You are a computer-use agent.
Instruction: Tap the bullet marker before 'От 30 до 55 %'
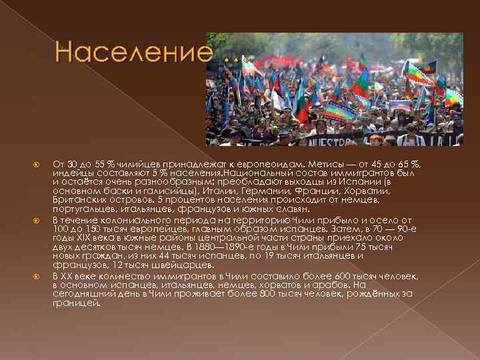(x=38, y=164)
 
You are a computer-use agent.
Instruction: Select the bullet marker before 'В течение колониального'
(x=38, y=219)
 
